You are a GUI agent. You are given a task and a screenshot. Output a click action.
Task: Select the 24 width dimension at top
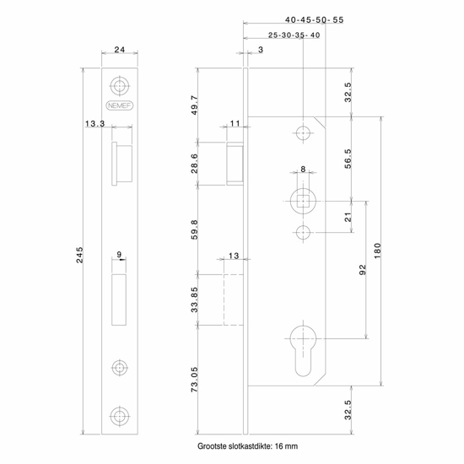(x=119, y=51)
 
